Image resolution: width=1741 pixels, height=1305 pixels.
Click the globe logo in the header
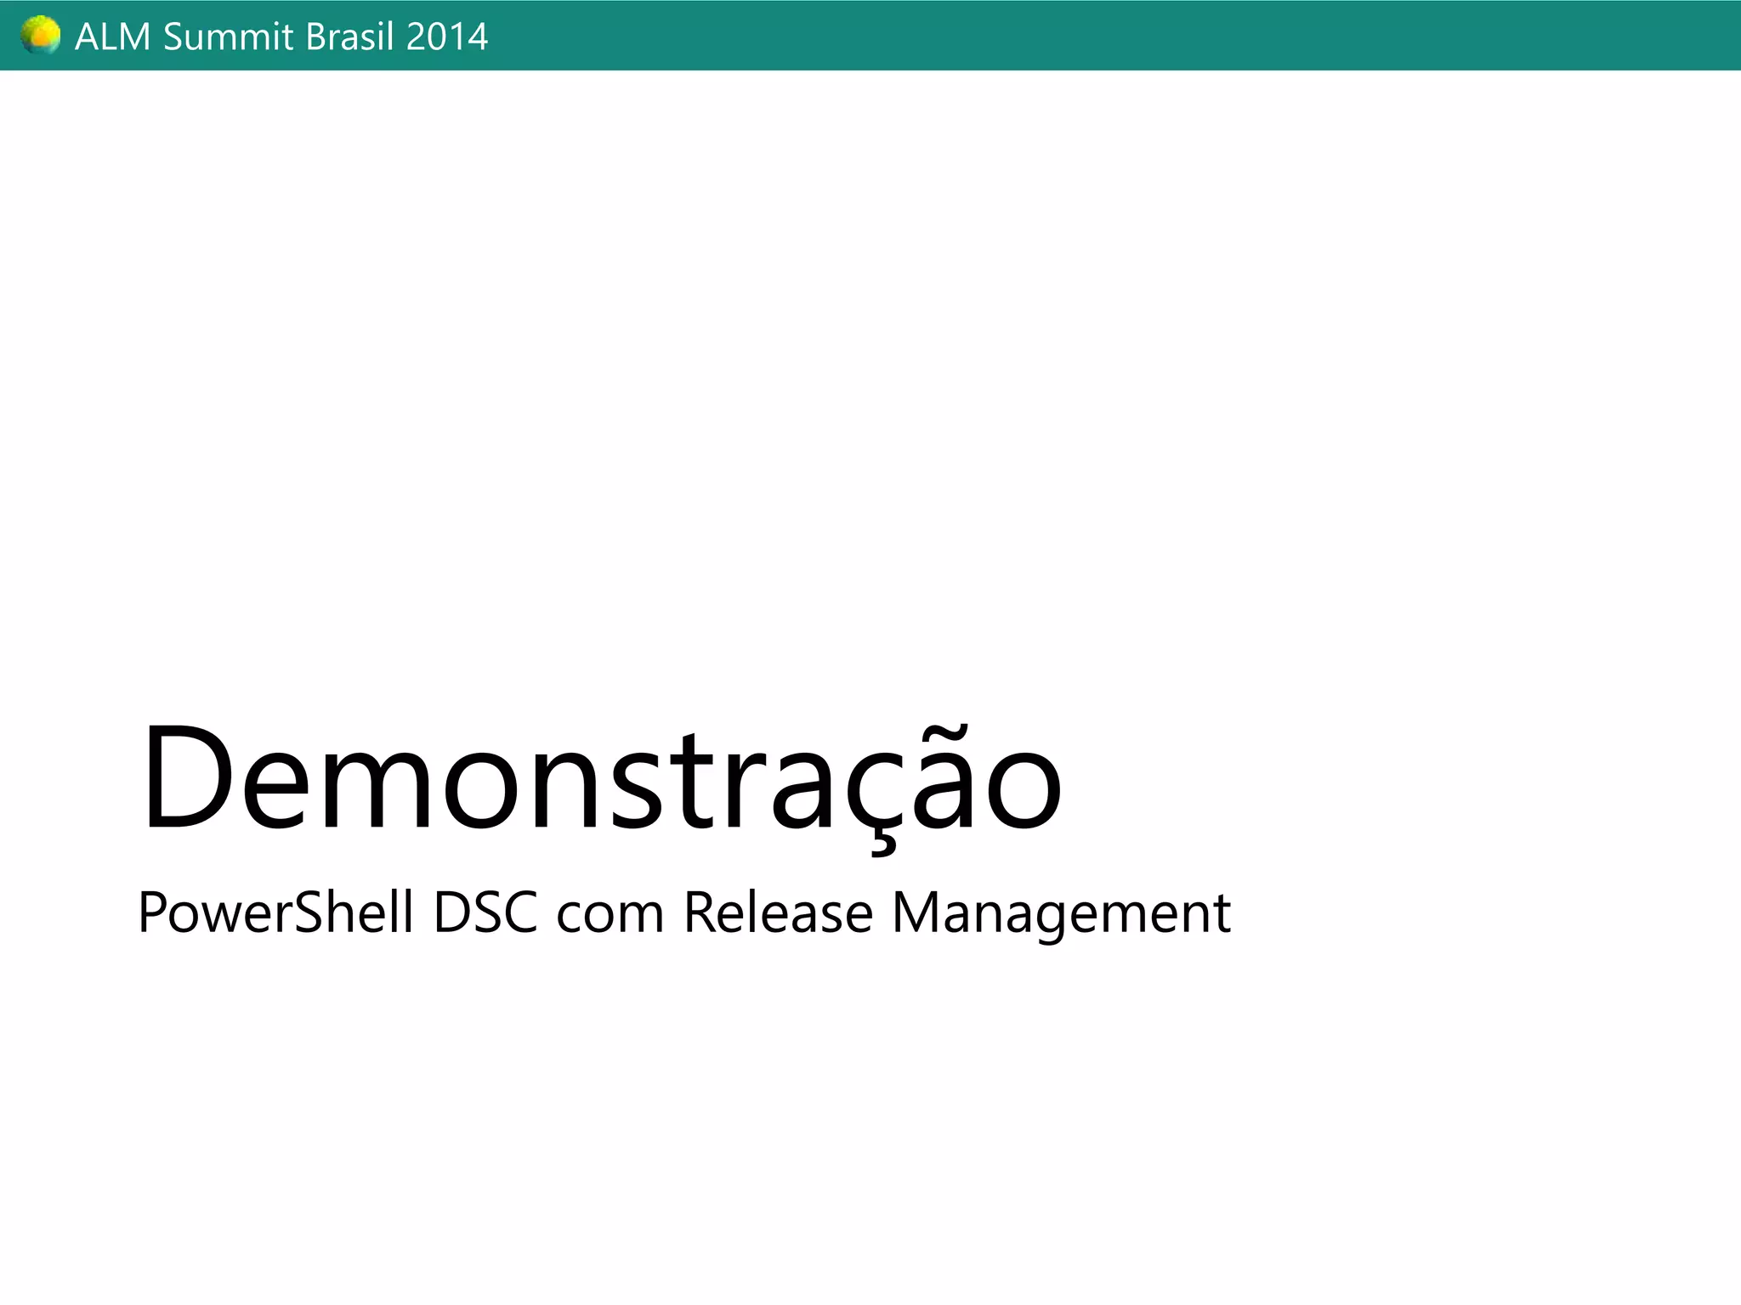tap(40, 36)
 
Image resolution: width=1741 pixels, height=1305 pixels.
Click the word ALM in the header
tap(112, 37)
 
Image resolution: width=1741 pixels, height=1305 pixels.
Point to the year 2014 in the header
tap(446, 37)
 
